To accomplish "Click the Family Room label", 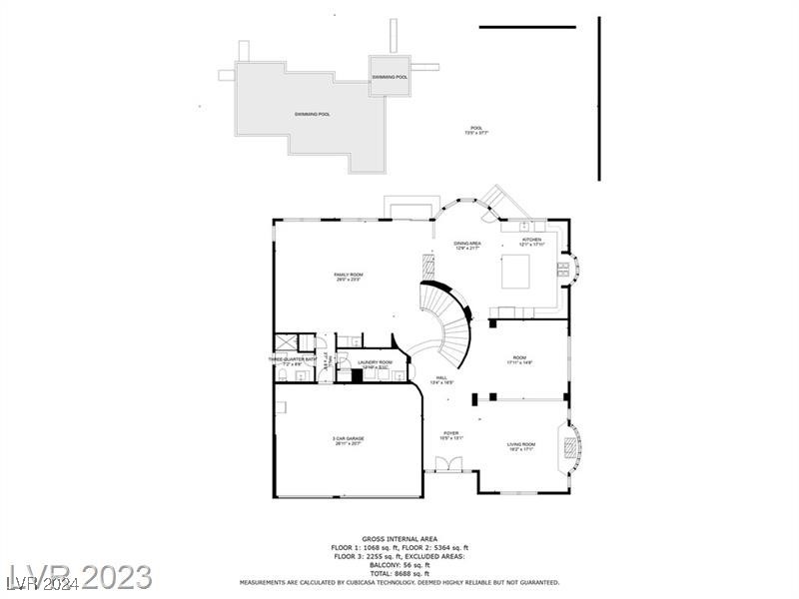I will coord(348,277).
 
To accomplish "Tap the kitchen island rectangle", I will coord(515,270).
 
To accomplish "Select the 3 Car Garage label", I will coord(349,440).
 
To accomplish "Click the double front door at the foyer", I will coord(443,463).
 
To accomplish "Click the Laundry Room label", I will coord(376,364).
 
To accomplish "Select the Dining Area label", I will coord(467,245).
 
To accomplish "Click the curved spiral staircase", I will coord(449,324).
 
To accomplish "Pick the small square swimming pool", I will coord(390,76).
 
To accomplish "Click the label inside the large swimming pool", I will coord(312,114).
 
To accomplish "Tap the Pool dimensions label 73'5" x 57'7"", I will coord(476,130).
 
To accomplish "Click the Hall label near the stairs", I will coord(441,379).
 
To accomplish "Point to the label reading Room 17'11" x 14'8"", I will coord(519,359).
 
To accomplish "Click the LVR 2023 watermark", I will coord(80,576).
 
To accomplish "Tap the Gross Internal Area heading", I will coord(399,538).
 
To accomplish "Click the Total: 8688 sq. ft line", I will coord(399,573).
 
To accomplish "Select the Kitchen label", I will coord(531,242).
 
